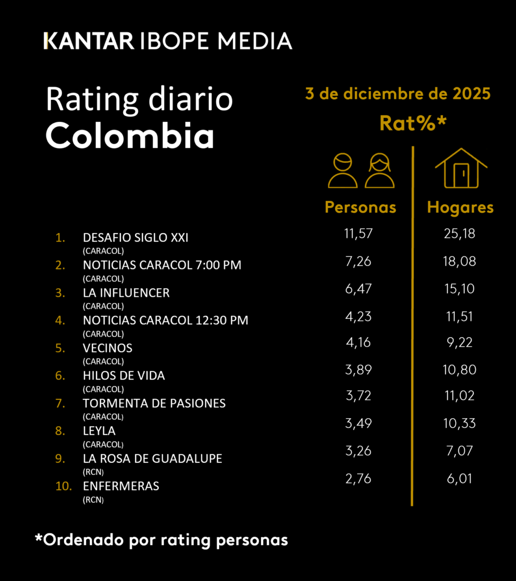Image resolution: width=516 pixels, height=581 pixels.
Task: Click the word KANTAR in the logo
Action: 89,41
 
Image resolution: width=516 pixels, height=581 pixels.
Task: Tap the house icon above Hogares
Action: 461,168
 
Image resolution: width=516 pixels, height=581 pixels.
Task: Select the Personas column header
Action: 360,208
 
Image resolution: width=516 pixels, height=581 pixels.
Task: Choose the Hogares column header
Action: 460,208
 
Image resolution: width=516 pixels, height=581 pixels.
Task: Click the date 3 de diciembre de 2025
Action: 397,94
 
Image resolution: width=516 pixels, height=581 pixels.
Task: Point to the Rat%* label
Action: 413,123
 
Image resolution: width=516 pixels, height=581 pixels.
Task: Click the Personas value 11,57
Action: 358,234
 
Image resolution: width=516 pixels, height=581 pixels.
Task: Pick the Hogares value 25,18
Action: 459,234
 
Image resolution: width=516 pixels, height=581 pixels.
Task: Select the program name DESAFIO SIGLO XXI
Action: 136,238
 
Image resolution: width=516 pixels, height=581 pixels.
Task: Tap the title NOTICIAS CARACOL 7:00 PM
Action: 162,265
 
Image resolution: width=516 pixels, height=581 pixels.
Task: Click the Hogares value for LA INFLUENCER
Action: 459,289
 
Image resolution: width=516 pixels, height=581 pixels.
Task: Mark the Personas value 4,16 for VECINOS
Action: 358,343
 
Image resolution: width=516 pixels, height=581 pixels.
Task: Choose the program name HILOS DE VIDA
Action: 124,376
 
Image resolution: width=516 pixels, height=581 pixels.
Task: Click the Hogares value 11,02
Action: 459,395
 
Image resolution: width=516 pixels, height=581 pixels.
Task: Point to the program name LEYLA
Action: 99,431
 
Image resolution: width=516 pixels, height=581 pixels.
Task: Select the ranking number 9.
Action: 60,459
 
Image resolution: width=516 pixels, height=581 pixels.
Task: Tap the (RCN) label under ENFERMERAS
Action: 94,500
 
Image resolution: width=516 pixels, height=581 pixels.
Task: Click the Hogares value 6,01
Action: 459,478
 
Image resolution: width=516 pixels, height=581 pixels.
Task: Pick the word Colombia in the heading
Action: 129,136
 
